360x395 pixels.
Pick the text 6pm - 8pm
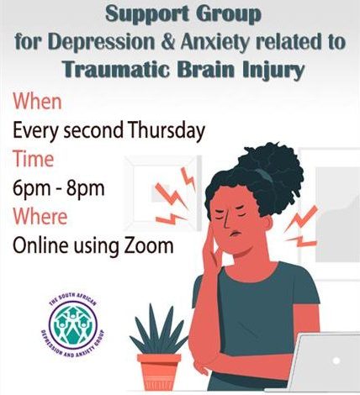[59, 187]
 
